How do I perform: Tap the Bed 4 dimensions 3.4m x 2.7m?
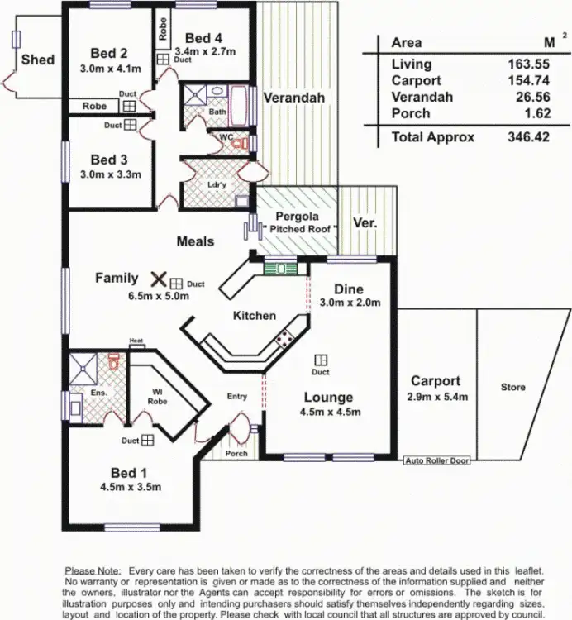click(203, 51)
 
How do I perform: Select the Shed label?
click(38, 59)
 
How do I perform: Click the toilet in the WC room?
click(240, 143)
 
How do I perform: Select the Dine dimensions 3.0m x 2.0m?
click(350, 303)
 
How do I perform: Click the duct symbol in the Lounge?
click(320, 359)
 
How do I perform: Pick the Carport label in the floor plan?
click(436, 381)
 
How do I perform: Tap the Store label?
click(512, 387)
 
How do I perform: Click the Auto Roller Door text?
click(436, 460)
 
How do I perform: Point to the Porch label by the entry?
click(237, 453)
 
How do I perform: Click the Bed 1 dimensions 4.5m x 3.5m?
click(129, 487)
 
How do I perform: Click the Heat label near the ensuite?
click(136, 341)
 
